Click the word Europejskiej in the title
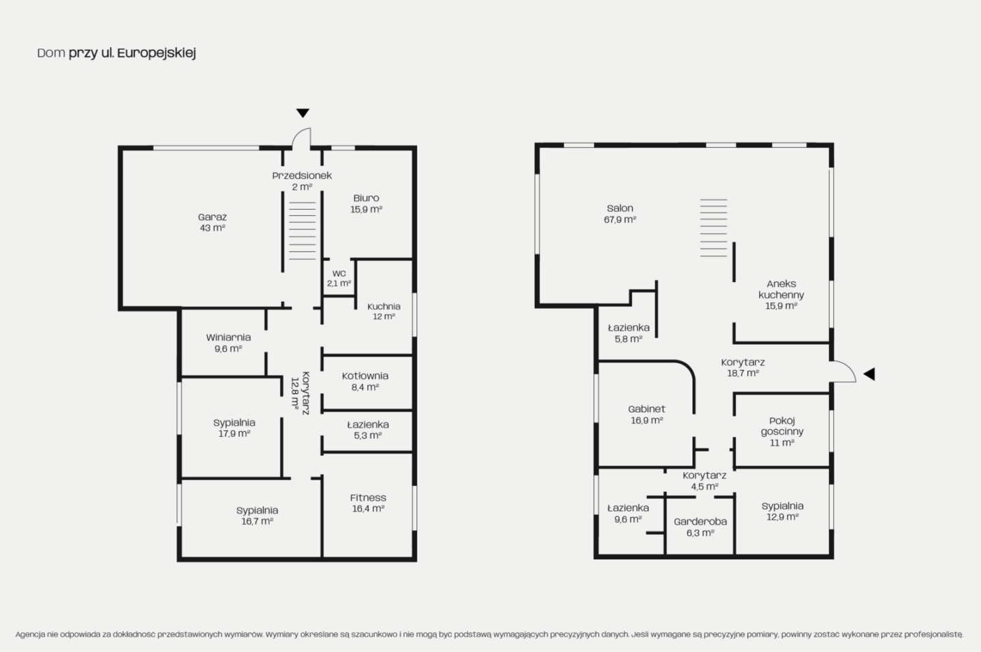(157, 53)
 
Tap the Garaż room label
(213, 217)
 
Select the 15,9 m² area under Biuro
(366, 209)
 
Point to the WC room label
(339, 273)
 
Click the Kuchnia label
(384, 307)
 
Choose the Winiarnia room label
(228, 337)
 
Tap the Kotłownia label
(365, 375)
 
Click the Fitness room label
(368, 497)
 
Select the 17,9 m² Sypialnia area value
(234, 433)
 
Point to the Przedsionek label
(302, 176)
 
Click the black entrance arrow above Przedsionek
(302, 113)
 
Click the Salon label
(620, 208)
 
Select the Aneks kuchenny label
(781, 289)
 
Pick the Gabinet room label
(647, 409)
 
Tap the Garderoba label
(700, 521)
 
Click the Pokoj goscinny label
(782, 426)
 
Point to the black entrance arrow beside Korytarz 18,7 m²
(869, 374)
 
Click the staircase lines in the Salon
(713, 228)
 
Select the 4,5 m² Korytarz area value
(704, 486)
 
